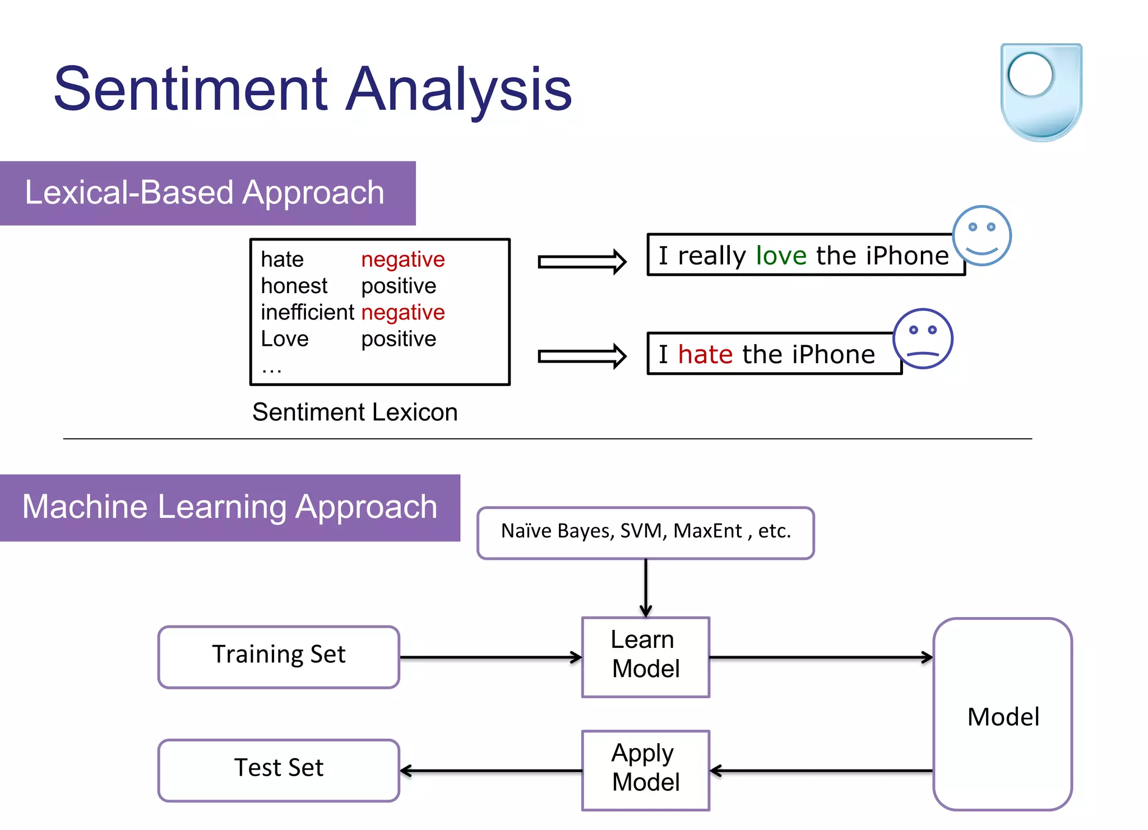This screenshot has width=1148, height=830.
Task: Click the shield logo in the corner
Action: click(x=1041, y=91)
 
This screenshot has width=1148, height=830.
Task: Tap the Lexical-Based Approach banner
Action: click(x=207, y=193)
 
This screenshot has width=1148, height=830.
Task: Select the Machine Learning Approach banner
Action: click(x=229, y=507)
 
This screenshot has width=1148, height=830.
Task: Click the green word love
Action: click(x=781, y=256)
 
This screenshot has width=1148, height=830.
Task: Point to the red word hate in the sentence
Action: click(x=705, y=355)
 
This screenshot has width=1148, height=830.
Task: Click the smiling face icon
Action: click(x=982, y=235)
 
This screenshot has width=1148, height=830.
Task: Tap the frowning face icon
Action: click(x=922, y=339)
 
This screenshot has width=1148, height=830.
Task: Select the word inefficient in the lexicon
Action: click(x=307, y=312)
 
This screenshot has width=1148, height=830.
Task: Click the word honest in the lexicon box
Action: click(x=294, y=286)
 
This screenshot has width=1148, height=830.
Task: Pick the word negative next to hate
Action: click(x=402, y=259)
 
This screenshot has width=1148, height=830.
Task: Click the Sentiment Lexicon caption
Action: click(x=355, y=412)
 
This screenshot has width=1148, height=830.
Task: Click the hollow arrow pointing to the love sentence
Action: click(x=581, y=262)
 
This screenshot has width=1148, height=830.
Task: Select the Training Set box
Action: click(x=279, y=656)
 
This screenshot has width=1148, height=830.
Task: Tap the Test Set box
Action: click(x=279, y=769)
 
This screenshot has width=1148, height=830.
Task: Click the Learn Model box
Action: click(x=646, y=656)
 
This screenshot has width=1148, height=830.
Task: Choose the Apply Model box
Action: click(x=646, y=769)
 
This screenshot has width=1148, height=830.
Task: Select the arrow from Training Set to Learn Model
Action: click(x=490, y=657)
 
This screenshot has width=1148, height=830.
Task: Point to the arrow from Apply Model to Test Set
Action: click(x=490, y=771)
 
